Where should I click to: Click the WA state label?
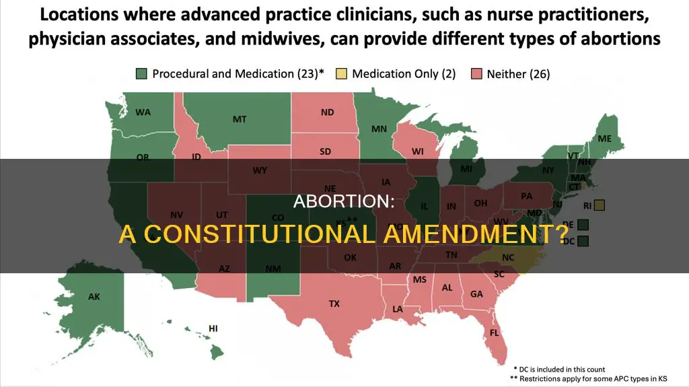(x=143, y=112)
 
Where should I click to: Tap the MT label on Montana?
(x=240, y=119)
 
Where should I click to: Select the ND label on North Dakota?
(x=327, y=112)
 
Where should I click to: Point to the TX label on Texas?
(x=334, y=304)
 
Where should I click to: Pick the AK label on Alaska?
(x=94, y=296)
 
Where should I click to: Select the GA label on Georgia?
(x=476, y=293)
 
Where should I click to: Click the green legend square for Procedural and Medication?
(x=142, y=74)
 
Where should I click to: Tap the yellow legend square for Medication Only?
(x=341, y=74)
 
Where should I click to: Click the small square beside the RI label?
(x=600, y=204)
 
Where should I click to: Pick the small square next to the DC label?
(x=583, y=240)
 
